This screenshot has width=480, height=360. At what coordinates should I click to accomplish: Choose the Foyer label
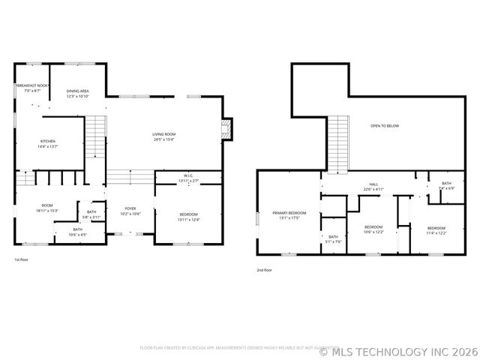(x=130, y=211)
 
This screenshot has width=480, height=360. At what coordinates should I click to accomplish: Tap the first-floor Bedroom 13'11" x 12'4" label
(x=188, y=216)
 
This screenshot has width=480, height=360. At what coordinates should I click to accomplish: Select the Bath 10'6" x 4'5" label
(x=78, y=232)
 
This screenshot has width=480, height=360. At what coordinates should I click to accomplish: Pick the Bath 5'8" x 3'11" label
(x=91, y=214)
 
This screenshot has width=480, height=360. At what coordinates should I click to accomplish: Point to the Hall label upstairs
(x=373, y=186)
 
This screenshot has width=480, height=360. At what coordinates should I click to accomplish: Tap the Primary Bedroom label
(x=289, y=215)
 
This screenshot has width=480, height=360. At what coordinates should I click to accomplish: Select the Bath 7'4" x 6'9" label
(x=446, y=185)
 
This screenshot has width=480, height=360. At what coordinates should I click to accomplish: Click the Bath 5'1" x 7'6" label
(x=334, y=239)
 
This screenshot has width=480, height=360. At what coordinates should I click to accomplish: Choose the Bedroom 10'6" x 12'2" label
(x=373, y=229)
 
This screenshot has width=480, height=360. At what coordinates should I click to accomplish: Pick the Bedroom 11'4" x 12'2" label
(x=436, y=230)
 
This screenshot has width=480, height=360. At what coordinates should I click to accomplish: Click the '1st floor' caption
(x=22, y=259)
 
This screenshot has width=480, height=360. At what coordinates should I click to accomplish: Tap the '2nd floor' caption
(x=264, y=270)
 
